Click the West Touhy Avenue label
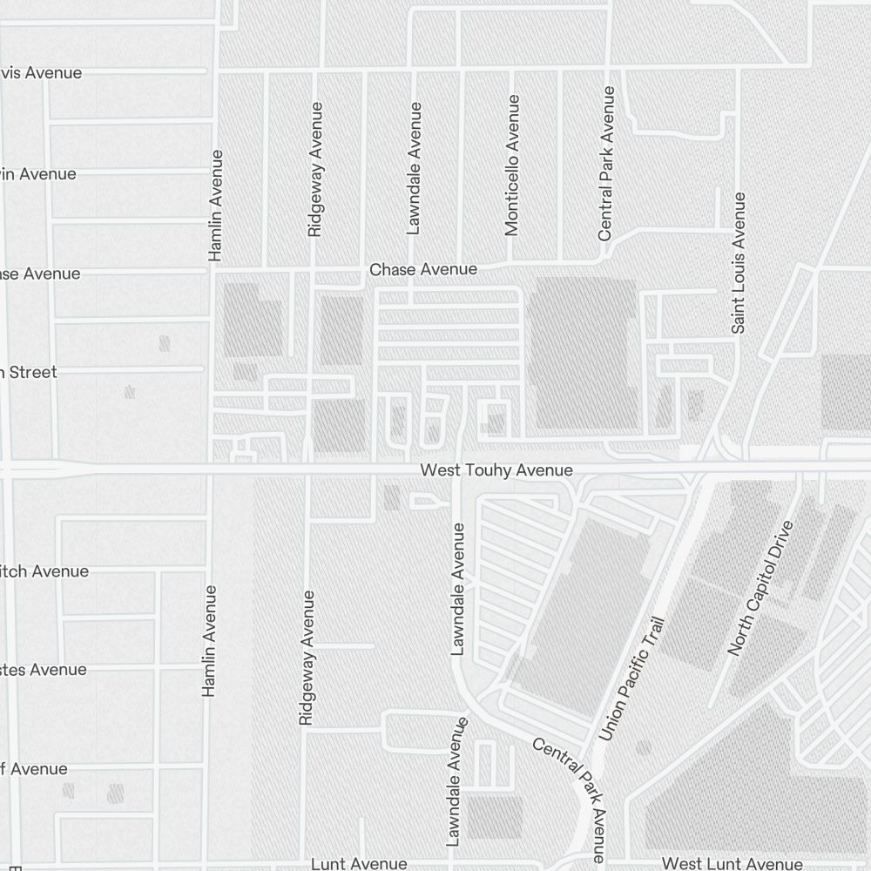(x=496, y=470)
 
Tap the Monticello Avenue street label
(x=512, y=165)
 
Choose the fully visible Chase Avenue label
(x=423, y=270)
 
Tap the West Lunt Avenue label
(x=732, y=864)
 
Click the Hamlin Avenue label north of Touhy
(x=216, y=206)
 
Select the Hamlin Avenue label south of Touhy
(x=209, y=641)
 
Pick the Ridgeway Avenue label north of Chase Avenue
(x=315, y=170)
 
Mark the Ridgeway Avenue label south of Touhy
(x=306, y=658)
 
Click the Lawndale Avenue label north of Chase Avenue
(x=415, y=168)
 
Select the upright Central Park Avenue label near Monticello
(x=606, y=164)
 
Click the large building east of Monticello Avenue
(x=584, y=353)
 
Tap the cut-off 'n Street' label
(x=28, y=373)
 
